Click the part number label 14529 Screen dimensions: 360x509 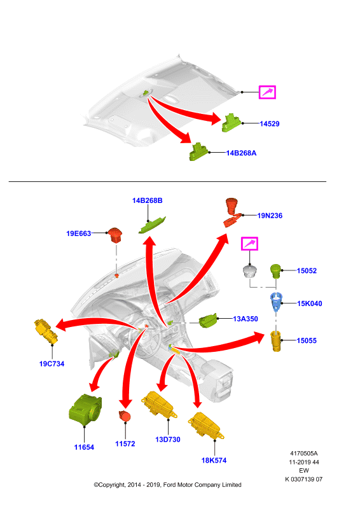pyautogui.click(x=270, y=123)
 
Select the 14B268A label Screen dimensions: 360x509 pyautogui.click(x=241, y=153)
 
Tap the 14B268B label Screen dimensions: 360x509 pyautogui.click(x=148, y=200)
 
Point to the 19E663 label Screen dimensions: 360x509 pyautogui.click(x=79, y=234)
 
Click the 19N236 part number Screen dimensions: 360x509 pyautogui.click(x=270, y=216)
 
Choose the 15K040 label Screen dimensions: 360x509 pyautogui.click(x=310, y=303)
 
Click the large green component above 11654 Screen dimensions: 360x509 pyautogui.click(x=85, y=409)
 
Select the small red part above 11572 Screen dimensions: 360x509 pyautogui.click(x=125, y=416)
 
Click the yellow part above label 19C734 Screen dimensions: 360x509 pyautogui.click(x=46, y=331)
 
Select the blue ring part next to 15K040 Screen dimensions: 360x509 pyautogui.click(x=276, y=302)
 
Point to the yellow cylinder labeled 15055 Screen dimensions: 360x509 pyautogui.click(x=276, y=341)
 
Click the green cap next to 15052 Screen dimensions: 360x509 pyautogui.click(x=275, y=271)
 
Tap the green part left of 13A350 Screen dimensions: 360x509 pyautogui.click(x=207, y=321)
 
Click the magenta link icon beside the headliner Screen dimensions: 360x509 pyautogui.click(x=267, y=92)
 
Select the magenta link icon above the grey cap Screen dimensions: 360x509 pyautogui.click(x=249, y=244)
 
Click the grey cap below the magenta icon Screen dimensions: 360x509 pyautogui.click(x=249, y=272)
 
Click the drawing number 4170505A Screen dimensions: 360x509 pyautogui.click(x=304, y=453)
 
